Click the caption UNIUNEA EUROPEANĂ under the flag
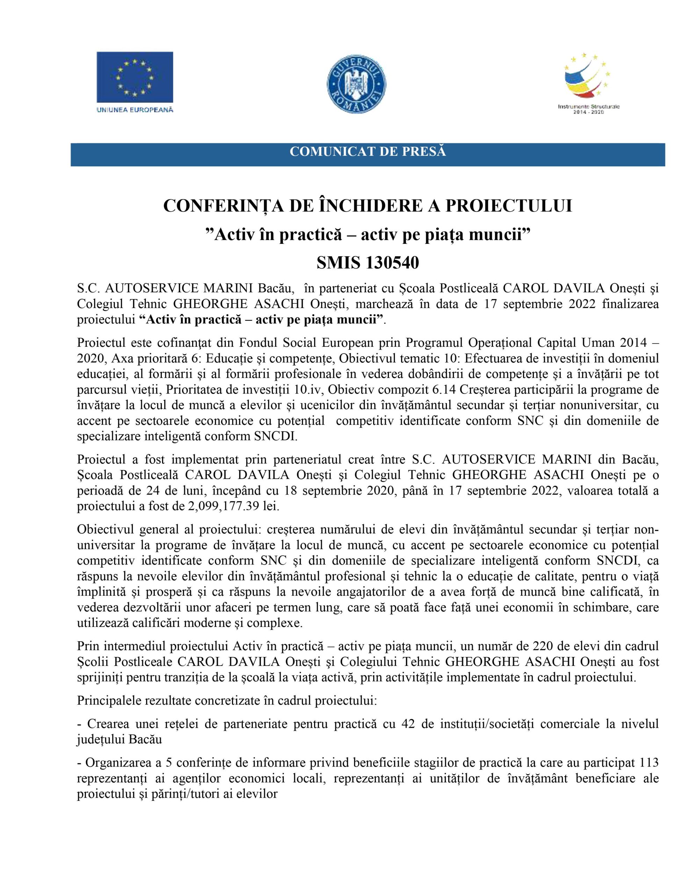pyautogui.click(x=134, y=110)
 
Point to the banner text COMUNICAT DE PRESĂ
pyautogui.click(x=368, y=152)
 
